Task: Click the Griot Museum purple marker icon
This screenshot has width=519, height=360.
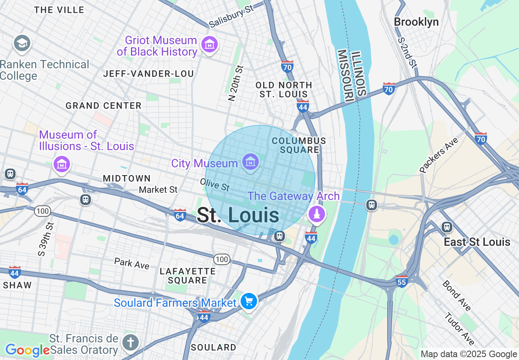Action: click(x=210, y=44)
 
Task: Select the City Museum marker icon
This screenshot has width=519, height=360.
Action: click(x=250, y=162)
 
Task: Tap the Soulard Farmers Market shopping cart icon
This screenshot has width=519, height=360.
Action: click(x=248, y=302)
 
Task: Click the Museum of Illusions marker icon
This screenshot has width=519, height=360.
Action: click(x=62, y=164)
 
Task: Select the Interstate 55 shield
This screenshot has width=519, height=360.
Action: click(x=402, y=281)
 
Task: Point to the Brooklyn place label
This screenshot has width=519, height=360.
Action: click(x=416, y=22)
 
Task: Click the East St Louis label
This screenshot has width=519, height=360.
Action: click(x=477, y=242)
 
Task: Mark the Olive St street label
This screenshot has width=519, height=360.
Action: click(x=214, y=184)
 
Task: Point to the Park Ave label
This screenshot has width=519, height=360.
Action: click(x=132, y=263)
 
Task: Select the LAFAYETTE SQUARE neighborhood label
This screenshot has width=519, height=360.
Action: click(x=188, y=276)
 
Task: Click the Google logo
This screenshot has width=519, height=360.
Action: click(x=27, y=350)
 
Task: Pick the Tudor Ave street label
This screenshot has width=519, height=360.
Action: click(x=459, y=329)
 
